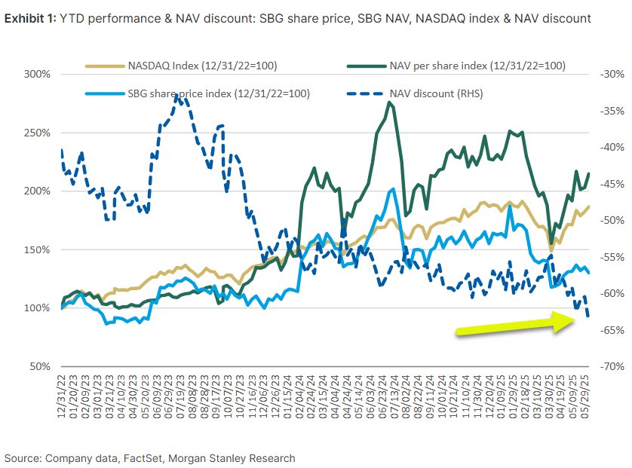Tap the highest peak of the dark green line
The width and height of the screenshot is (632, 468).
389,102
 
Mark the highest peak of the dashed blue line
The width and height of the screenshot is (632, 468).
176,96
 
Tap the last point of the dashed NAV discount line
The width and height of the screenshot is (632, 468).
588,317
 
